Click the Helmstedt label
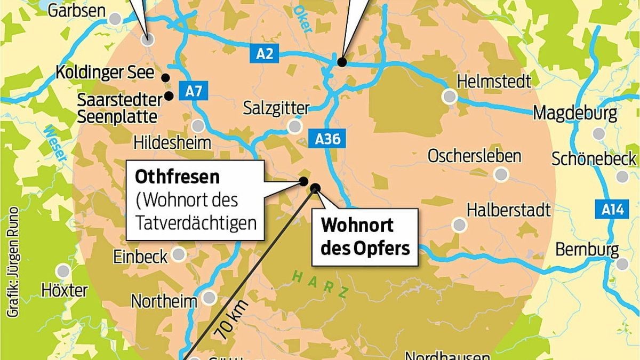pos(494,82)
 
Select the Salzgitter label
pos(276,108)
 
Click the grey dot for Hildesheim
pos(198,126)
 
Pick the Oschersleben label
pos(474,156)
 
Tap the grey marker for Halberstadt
pos(459,225)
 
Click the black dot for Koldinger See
pos(165,76)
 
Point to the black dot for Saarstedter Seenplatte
pos(169,96)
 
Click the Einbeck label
pos(140,257)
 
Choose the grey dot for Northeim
pos(209,297)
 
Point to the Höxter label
pos(64,291)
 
